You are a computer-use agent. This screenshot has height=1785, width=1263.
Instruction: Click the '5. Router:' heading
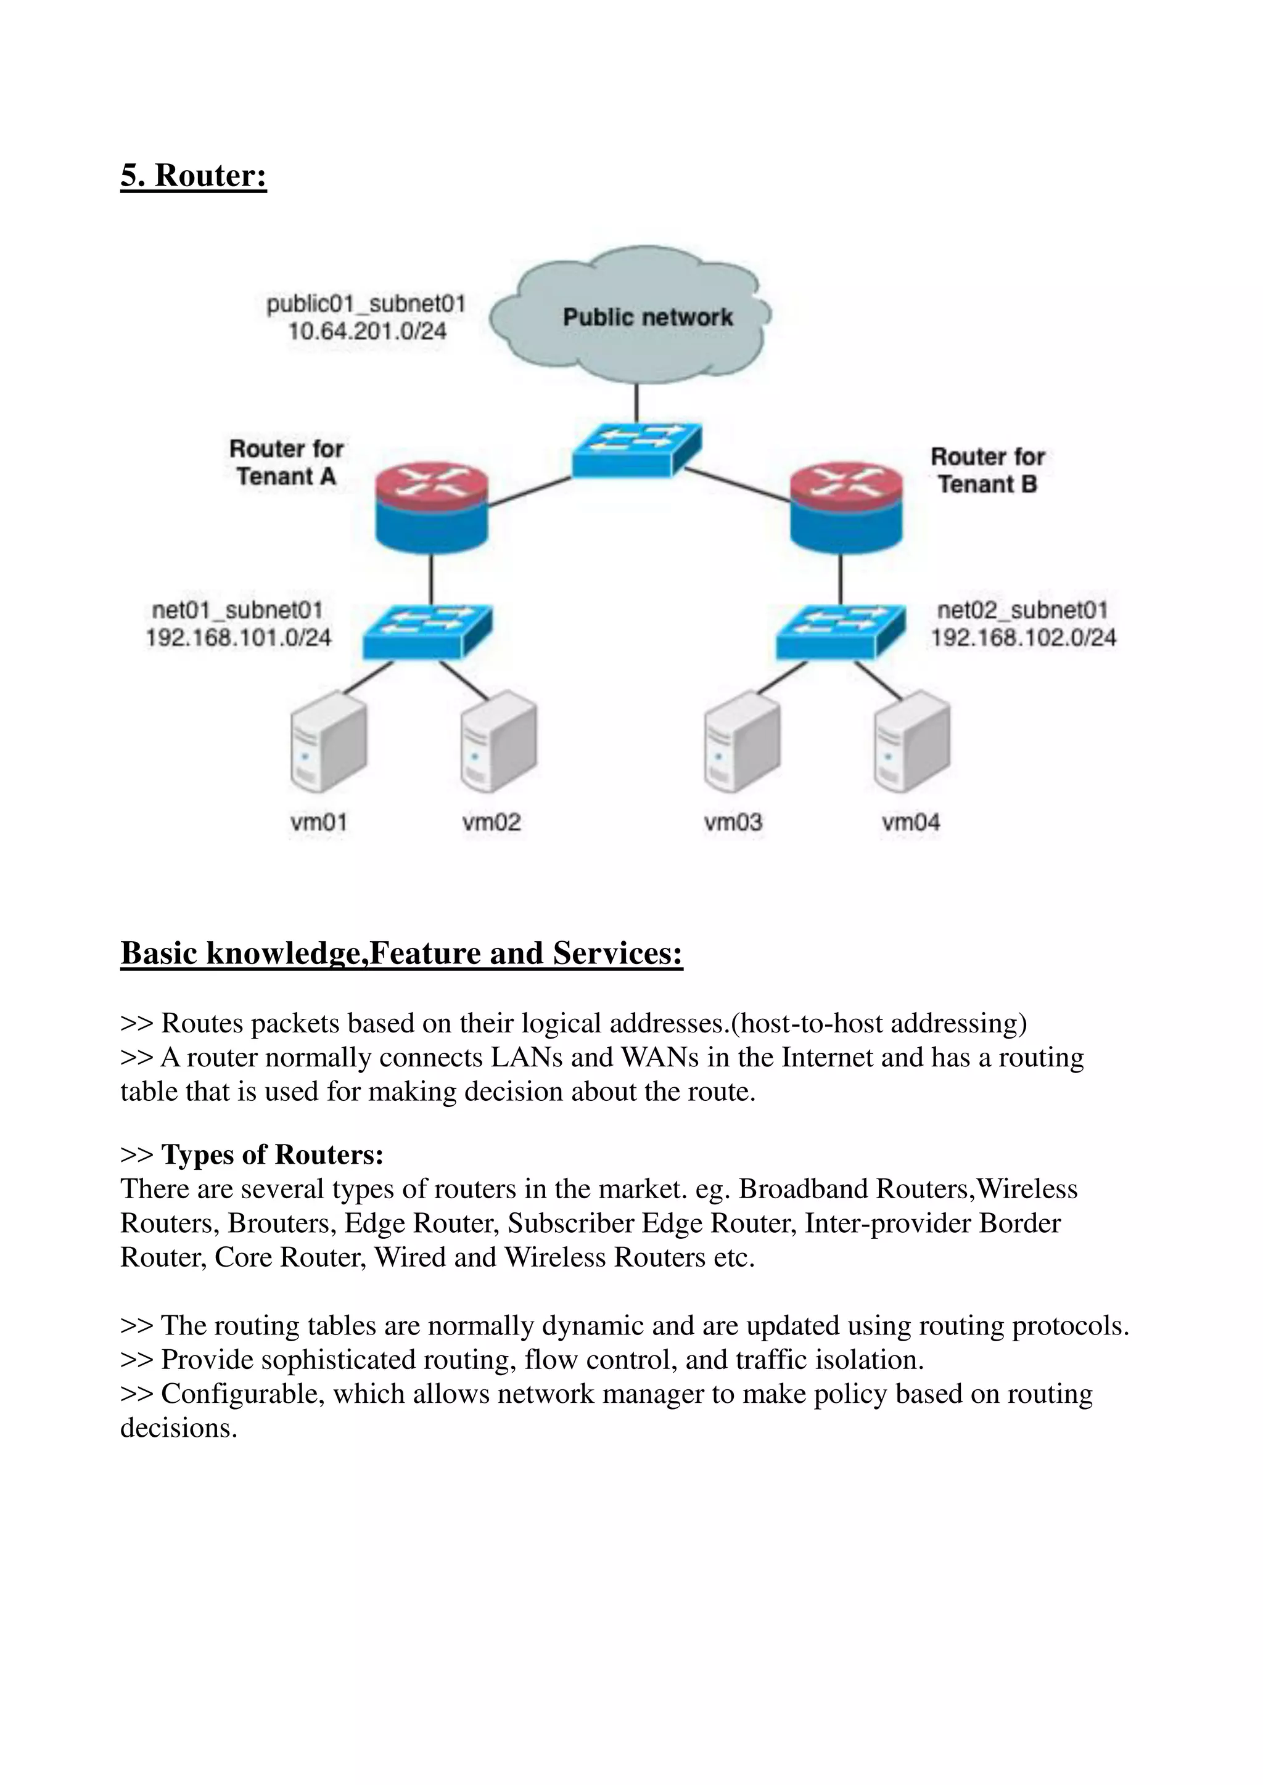click(x=194, y=176)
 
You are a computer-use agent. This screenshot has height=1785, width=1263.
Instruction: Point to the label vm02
click(x=492, y=822)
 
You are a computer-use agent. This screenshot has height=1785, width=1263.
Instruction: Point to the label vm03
click(x=733, y=822)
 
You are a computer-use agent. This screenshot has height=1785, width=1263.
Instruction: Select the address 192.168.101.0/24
click(x=239, y=639)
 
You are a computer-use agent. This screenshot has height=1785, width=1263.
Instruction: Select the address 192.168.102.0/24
click(x=1024, y=639)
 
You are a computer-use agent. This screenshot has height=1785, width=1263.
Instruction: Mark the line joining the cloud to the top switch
click(x=636, y=402)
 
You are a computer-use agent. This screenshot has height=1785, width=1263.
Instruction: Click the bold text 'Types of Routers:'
click(x=272, y=1155)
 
